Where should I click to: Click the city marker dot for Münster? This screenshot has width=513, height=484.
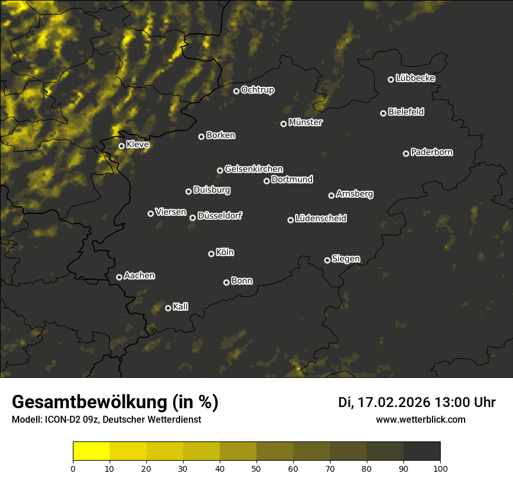[x=283, y=124]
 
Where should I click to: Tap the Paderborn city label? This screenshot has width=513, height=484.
[x=431, y=152]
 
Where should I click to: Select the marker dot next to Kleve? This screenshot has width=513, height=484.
[x=121, y=146]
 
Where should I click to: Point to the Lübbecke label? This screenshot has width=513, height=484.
[x=415, y=78]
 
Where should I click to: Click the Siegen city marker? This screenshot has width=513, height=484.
[x=327, y=260]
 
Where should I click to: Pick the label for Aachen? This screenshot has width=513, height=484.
[x=139, y=276]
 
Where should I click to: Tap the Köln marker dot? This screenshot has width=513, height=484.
[x=211, y=254]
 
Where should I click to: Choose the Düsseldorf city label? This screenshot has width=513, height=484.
[x=220, y=216]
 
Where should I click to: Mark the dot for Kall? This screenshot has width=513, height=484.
[x=168, y=308]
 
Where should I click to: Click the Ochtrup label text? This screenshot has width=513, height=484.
[x=257, y=90]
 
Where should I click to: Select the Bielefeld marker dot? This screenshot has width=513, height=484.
[x=383, y=113]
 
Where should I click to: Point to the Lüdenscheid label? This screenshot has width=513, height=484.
[x=321, y=219]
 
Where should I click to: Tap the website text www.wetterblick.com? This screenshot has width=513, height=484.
[x=421, y=419]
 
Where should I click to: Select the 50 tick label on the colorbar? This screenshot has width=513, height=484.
[x=256, y=468]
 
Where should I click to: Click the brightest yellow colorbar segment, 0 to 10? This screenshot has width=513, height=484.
[x=92, y=451]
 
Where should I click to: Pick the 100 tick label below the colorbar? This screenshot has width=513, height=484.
[x=440, y=468]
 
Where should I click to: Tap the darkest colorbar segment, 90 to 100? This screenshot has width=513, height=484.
[x=421, y=451]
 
